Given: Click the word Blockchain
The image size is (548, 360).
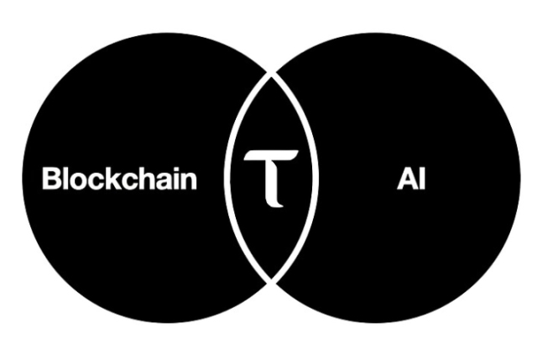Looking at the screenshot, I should coord(120,179).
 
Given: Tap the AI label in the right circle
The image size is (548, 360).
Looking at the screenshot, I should coord(411,179).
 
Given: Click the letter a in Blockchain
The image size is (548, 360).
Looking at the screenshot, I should coord(166,181).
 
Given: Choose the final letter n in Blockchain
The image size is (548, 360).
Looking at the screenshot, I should coord(190,181).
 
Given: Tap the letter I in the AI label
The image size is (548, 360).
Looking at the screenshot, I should coord(420,179).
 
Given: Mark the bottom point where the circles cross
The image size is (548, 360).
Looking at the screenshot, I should coord(270,283).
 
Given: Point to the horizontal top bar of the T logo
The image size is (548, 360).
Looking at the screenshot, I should coord(270,155).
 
